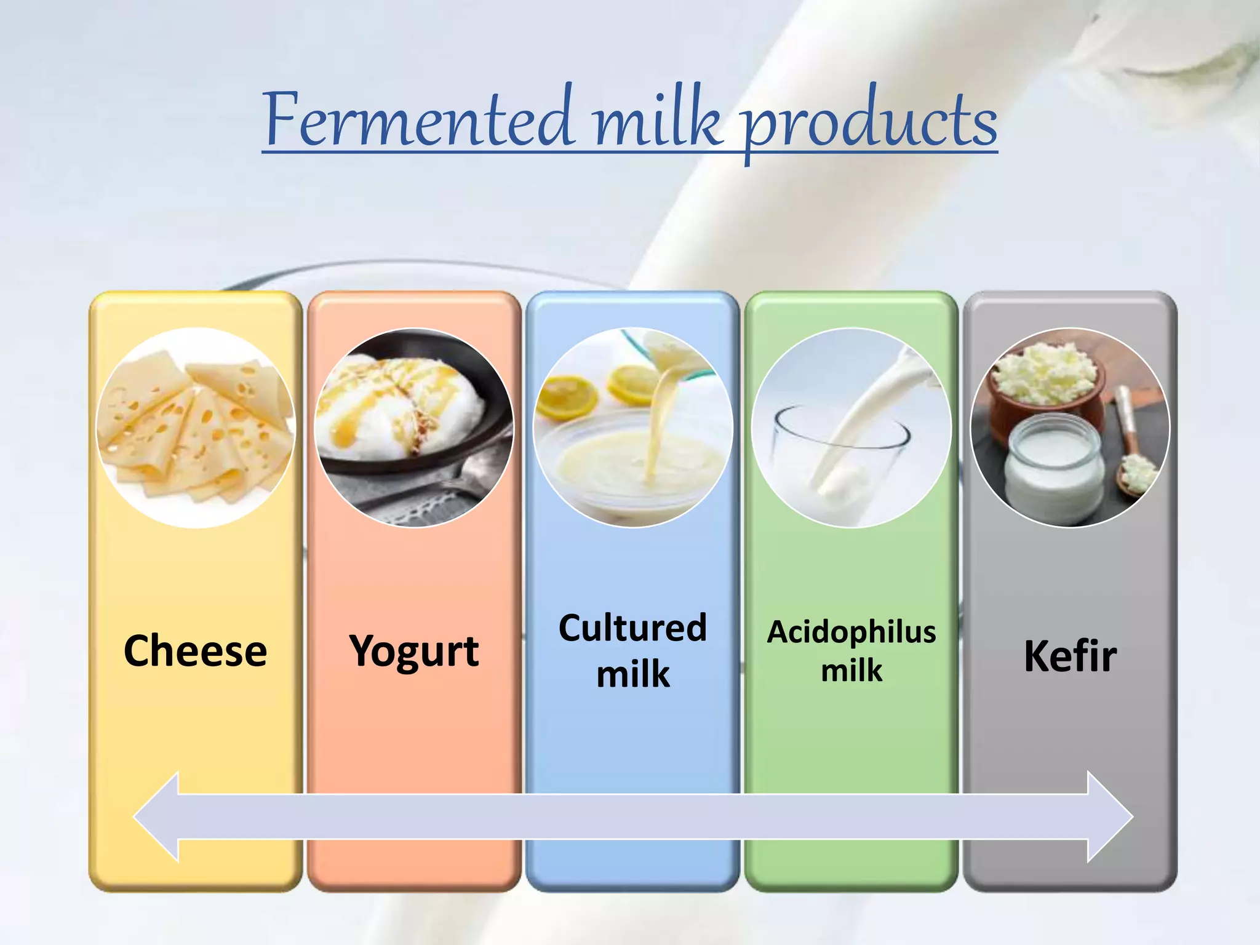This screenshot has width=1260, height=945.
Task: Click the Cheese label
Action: point(196,651)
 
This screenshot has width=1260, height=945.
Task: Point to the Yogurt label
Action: point(414,652)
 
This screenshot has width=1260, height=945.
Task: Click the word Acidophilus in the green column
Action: point(851,632)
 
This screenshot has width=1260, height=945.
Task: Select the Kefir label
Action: point(1070,656)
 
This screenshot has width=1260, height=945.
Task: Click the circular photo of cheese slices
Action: point(196,428)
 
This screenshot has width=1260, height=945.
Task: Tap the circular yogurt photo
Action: point(414,428)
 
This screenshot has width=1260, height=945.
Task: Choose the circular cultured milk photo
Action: point(632,428)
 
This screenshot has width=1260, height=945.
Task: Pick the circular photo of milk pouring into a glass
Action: point(851,428)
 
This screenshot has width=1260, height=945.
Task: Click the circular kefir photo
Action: point(1070,428)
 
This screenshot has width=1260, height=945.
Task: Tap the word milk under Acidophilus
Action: point(851,670)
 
